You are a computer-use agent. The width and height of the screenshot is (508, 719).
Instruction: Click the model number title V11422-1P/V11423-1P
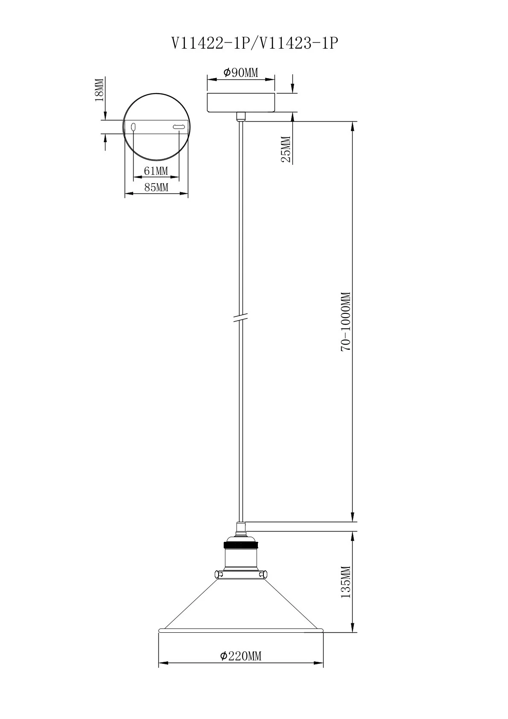(x=255, y=43)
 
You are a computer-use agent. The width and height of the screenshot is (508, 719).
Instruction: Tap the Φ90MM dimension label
(x=241, y=73)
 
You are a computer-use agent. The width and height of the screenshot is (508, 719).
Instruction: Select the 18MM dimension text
(x=99, y=89)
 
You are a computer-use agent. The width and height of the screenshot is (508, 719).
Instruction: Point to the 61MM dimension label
(x=156, y=171)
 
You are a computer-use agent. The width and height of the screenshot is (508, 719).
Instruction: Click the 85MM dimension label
(x=156, y=187)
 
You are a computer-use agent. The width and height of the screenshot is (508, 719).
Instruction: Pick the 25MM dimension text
(x=286, y=149)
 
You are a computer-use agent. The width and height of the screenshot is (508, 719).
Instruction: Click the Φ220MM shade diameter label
(x=241, y=656)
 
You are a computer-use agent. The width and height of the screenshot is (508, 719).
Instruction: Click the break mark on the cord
(x=241, y=318)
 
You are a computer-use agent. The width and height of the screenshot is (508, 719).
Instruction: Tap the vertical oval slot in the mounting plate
(x=133, y=127)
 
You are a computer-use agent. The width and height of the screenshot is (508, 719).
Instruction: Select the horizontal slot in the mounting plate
(x=178, y=127)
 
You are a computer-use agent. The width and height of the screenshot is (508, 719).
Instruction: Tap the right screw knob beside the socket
(x=265, y=574)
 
